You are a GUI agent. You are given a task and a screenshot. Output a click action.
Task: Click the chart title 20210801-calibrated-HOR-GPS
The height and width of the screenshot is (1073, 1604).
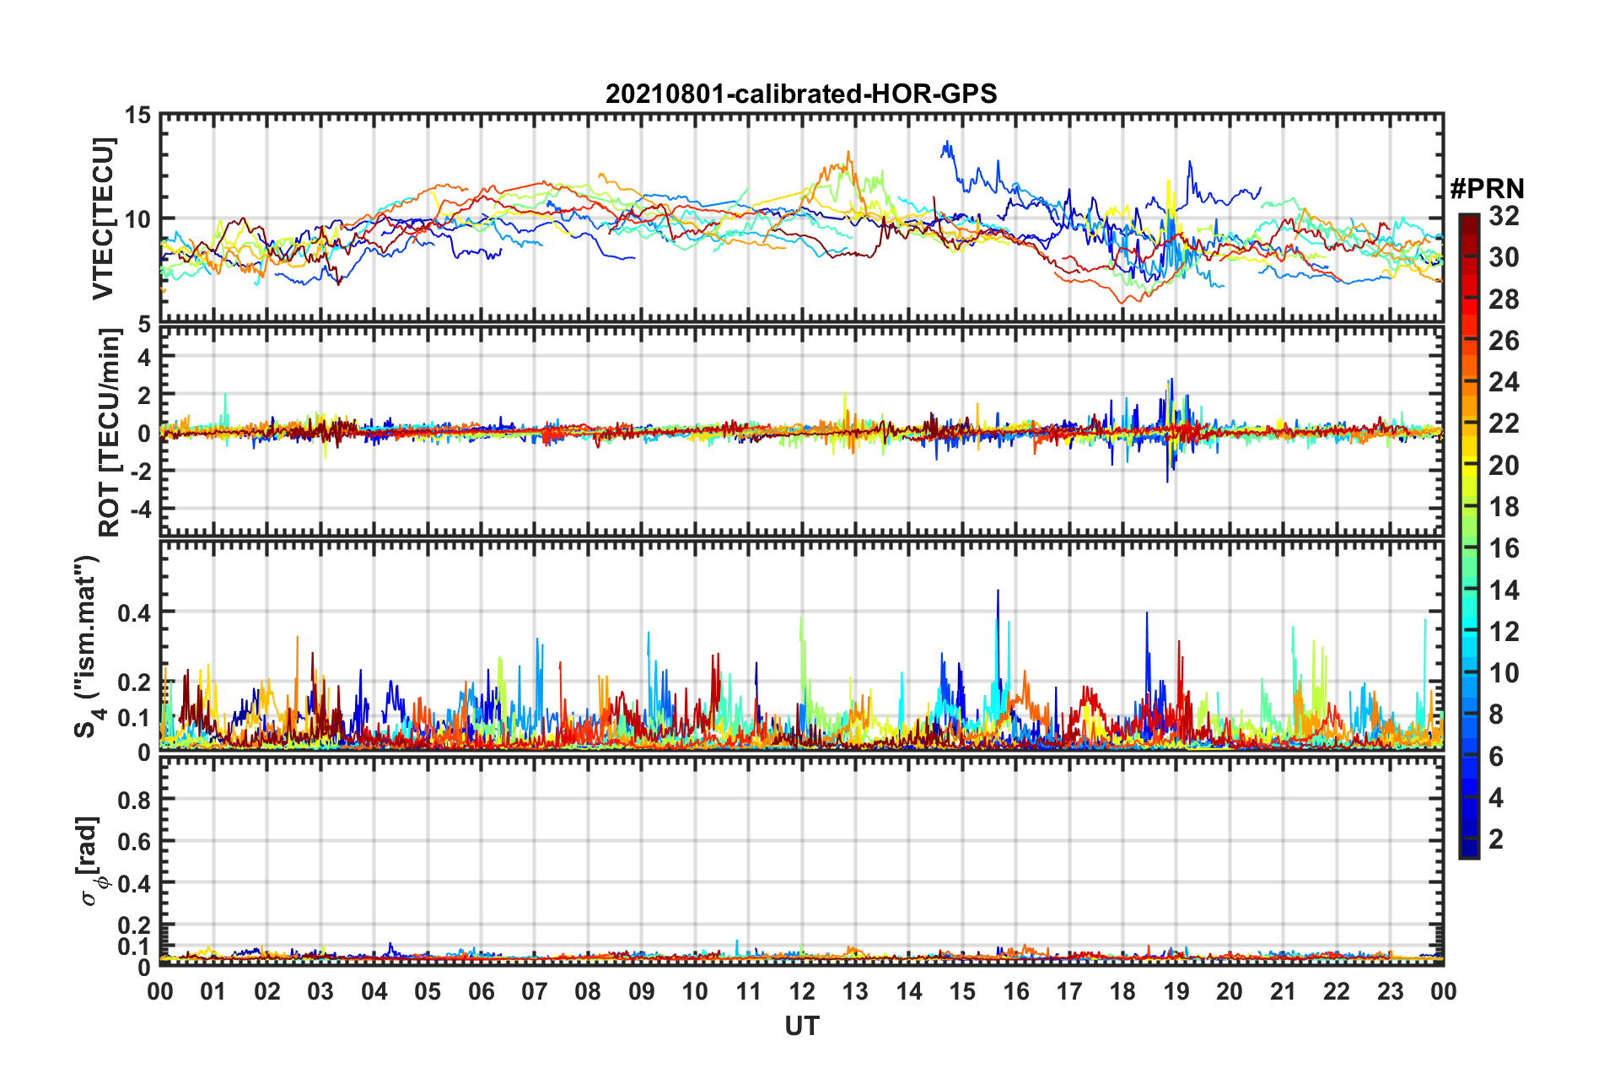tap(801, 94)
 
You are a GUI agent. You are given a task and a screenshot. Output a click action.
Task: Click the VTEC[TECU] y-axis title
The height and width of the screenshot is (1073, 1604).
tap(103, 219)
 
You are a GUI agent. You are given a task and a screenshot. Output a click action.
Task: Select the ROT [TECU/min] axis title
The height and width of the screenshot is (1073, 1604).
tap(109, 433)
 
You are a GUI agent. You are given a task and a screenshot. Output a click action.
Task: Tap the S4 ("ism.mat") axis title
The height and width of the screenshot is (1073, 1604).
tap(87, 646)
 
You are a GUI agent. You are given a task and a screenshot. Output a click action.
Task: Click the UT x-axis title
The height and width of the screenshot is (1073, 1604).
tap(801, 1026)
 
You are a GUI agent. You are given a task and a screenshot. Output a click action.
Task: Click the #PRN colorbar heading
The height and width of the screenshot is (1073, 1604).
tap(1486, 188)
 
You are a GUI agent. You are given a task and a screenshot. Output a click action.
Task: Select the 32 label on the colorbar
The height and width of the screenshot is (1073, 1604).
tap(1504, 217)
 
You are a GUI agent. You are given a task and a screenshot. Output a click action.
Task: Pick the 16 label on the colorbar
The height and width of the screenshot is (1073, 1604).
tap(1504, 549)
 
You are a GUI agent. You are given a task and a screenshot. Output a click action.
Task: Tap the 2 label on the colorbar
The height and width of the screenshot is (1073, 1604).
tap(1496, 839)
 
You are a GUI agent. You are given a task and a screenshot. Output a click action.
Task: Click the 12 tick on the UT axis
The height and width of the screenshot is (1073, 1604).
tap(802, 991)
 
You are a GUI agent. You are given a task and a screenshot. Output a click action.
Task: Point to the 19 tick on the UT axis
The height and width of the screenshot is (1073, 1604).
tap(1176, 991)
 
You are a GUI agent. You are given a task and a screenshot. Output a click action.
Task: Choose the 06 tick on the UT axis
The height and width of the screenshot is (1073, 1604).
tap(481, 991)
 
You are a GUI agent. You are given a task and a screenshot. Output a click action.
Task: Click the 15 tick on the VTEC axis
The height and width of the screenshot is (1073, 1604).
tap(137, 116)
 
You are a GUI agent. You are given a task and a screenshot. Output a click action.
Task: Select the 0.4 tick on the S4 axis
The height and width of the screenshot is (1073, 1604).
tap(133, 612)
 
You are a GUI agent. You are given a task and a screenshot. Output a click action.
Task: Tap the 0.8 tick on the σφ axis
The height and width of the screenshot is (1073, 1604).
tap(133, 800)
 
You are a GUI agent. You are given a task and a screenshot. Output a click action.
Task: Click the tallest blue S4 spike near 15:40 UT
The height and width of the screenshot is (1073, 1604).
tap(998, 591)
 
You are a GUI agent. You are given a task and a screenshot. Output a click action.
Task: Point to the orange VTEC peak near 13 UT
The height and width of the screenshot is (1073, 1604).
tap(848, 154)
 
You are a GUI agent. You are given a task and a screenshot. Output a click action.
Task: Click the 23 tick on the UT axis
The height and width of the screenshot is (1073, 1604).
tap(1390, 991)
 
